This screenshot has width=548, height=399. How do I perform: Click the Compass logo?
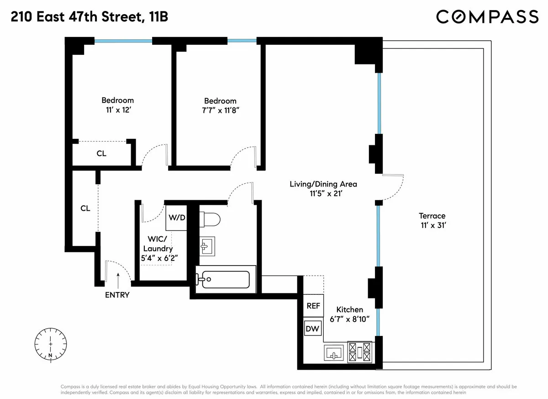click(x=487, y=17)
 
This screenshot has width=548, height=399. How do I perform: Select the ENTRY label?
click(x=117, y=295)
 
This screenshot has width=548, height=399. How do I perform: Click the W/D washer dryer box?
click(x=177, y=217)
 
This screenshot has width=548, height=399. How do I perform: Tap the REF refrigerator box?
click(x=313, y=306)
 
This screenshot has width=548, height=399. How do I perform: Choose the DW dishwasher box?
click(x=313, y=329)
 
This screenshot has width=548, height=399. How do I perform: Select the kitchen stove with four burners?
click(x=360, y=352)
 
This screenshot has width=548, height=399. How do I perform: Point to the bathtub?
click(x=224, y=278)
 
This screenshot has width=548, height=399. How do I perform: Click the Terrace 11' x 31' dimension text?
click(x=432, y=225)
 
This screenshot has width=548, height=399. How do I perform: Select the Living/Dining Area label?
click(x=323, y=184)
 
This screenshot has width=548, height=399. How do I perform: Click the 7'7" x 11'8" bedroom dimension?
click(x=220, y=110)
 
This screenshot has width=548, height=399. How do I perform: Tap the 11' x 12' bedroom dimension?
click(x=117, y=110)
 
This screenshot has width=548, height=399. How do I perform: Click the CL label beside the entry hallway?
click(x=85, y=208)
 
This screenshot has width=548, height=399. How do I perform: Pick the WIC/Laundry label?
click(x=158, y=244)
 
